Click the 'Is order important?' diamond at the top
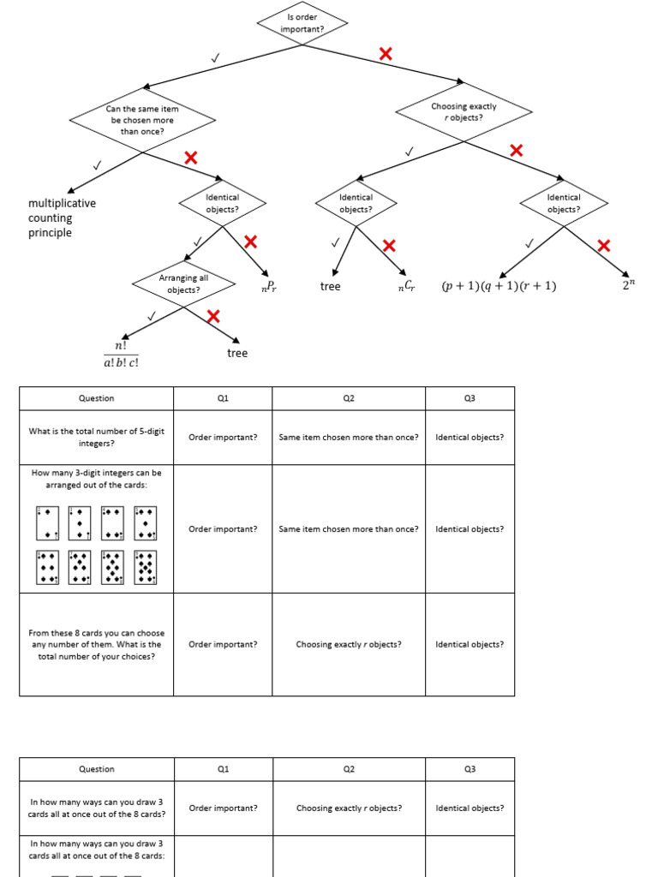pos(302,23)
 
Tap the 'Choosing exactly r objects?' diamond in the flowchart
pos(464,112)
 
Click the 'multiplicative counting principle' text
pos(62,218)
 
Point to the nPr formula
pos(269,287)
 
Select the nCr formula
pos(406,287)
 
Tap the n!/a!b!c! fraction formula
pos(121,354)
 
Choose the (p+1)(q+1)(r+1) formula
pos(499,287)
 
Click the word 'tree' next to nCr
pos(330,287)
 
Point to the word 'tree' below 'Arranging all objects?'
pos(237,353)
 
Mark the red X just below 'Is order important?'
pos(386,54)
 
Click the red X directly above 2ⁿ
pos(603,246)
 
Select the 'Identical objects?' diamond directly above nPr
pos(223,203)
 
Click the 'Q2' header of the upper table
pos(349,398)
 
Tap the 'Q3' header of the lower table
pos(470,769)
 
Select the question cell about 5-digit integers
pos(96,437)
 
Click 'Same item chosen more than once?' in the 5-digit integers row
pos(349,437)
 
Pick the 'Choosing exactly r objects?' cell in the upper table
pos(349,644)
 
